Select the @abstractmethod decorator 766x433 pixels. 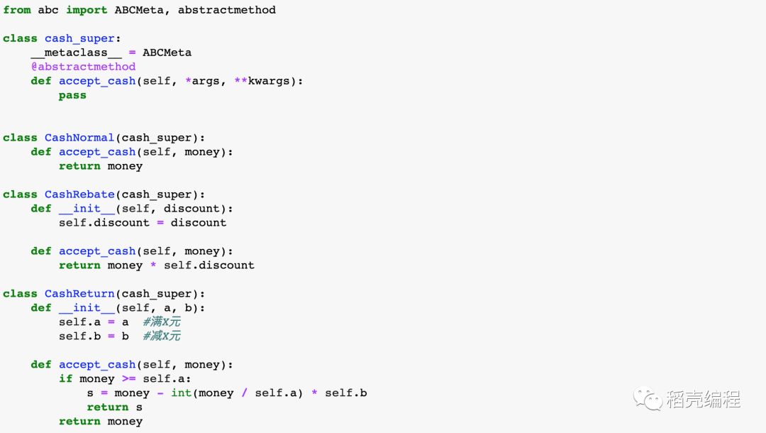pos(83,67)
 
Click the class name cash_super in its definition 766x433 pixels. pos(79,38)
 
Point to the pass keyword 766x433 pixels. pos(72,95)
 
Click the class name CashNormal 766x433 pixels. pos(79,138)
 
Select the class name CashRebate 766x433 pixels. pos(79,194)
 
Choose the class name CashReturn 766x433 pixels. pos(79,294)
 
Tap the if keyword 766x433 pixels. pos(65,379)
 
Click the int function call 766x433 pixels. pos(181,393)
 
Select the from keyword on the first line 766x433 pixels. pos(17,10)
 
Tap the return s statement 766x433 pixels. pos(114,407)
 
